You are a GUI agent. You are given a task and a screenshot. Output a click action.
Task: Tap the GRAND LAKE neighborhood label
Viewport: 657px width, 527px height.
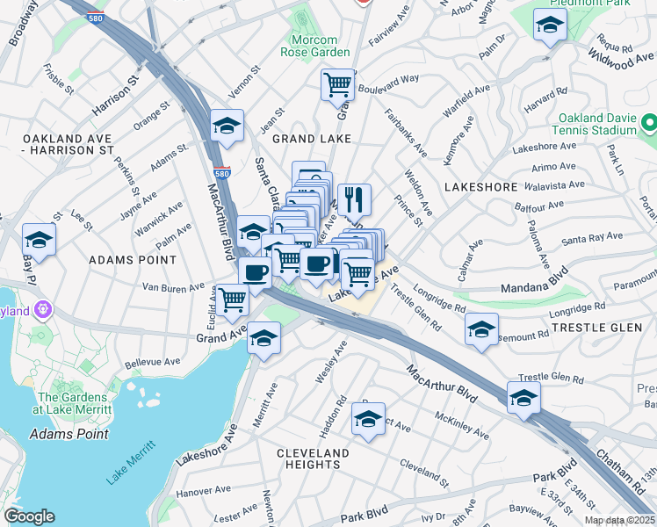pos(312,139)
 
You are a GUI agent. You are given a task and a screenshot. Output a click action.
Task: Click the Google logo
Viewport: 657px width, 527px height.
pos(29,516)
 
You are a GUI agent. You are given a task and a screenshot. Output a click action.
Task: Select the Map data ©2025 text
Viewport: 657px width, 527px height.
pos(619,520)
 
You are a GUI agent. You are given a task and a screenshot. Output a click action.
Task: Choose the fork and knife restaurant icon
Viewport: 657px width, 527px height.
pos(355,198)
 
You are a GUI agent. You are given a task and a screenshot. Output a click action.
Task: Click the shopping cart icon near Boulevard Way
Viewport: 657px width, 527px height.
pos(337,85)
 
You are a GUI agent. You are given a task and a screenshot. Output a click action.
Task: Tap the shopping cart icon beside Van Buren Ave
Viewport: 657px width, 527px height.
pos(233,301)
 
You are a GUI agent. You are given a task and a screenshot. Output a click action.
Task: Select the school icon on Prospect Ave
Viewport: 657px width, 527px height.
pos(368,419)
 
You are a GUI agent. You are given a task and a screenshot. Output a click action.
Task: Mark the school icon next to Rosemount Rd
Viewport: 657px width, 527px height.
pos(481,329)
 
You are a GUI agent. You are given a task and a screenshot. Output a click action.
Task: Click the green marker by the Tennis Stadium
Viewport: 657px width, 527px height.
pos(649,121)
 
